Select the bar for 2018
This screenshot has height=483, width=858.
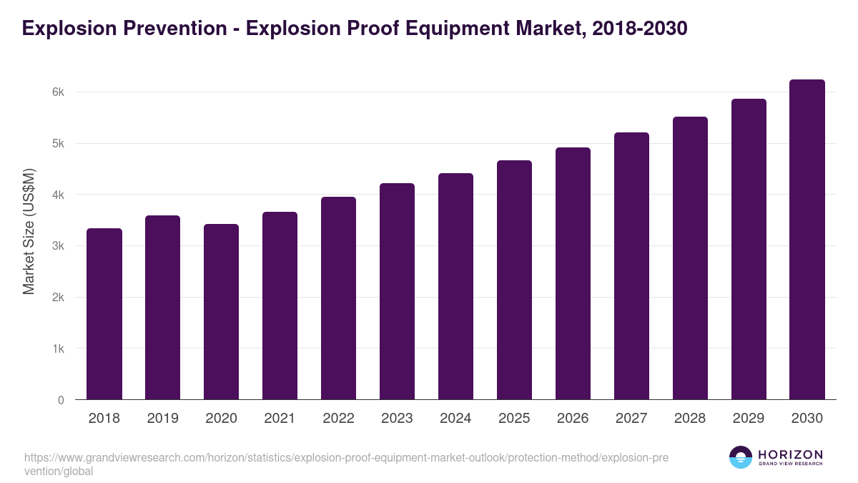(104, 314)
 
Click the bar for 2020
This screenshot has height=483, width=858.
(222, 312)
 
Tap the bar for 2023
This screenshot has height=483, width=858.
(397, 291)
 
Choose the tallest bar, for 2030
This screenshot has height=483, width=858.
(807, 240)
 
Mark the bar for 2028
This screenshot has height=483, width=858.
(690, 258)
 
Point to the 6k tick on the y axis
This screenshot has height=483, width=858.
(58, 92)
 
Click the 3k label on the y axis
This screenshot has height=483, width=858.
(58, 246)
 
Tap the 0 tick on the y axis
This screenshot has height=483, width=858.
(61, 400)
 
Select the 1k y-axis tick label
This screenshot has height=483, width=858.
(58, 349)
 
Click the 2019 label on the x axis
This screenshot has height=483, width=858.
(163, 419)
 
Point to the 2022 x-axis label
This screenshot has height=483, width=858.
(338, 419)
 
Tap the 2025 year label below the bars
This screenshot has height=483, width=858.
(514, 419)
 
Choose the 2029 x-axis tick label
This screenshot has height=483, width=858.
(749, 419)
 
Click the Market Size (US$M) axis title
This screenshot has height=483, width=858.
(29, 232)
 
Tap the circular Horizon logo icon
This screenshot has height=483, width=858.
(741, 457)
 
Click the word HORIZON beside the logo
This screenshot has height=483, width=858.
(790, 454)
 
